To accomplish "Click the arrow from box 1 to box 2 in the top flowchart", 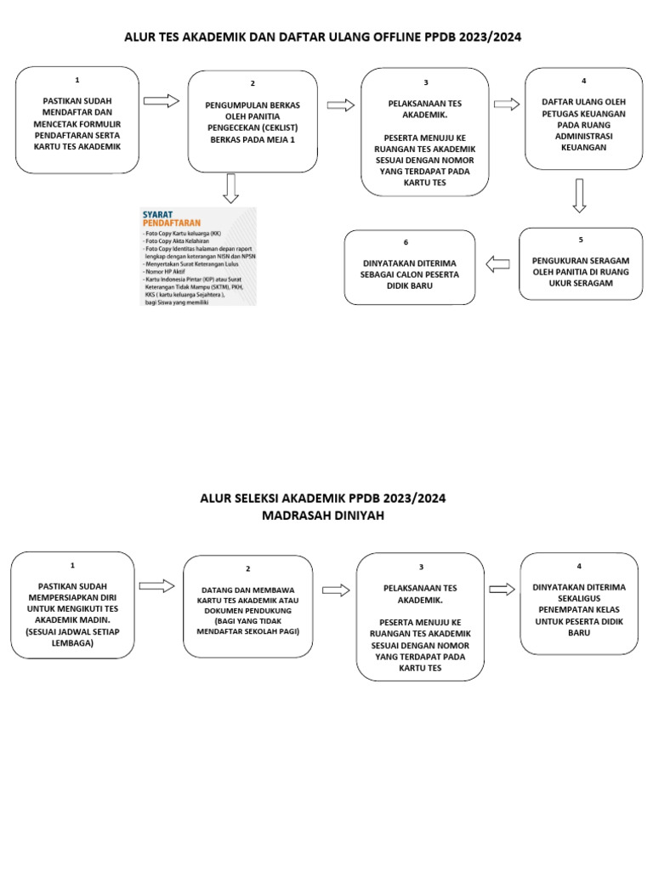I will pos(162,101).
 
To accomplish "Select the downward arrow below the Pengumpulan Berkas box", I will pos(230,188).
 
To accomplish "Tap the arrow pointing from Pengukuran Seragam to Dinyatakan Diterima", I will pos(497,264).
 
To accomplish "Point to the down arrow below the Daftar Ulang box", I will pos(579,195).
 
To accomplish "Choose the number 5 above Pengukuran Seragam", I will pos(581,240).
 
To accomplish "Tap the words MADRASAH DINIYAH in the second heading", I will pos(323,516).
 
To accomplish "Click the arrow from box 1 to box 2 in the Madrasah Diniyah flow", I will pos(156,585).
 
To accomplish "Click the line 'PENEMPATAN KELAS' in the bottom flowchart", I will pos(579,609).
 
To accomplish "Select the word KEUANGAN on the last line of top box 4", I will pos(583,147).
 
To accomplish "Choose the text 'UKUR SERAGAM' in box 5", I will pos(581,283).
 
